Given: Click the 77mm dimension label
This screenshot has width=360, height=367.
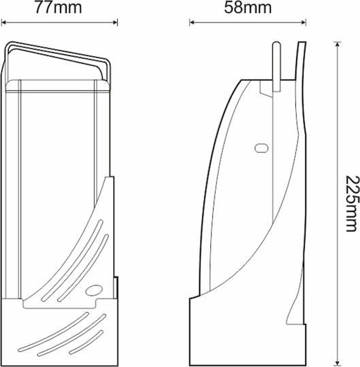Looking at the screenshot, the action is [x=59, y=7].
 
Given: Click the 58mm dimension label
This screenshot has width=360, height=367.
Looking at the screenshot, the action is [x=248, y=7].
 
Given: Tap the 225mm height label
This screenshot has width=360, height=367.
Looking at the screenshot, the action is [x=353, y=203].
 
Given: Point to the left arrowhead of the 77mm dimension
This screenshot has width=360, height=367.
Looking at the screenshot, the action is [x=4, y=22].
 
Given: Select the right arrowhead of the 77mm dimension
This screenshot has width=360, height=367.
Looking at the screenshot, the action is [x=115, y=22].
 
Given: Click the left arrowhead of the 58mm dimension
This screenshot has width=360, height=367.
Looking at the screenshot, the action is [x=192, y=22].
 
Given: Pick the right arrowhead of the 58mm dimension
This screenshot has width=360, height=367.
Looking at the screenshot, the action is [x=304, y=22].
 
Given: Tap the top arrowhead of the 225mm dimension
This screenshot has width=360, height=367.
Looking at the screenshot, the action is [x=338, y=44].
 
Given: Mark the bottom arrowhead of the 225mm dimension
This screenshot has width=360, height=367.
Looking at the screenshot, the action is [x=338, y=363].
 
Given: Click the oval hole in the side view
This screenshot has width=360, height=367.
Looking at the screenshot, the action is [x=261, y=148].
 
